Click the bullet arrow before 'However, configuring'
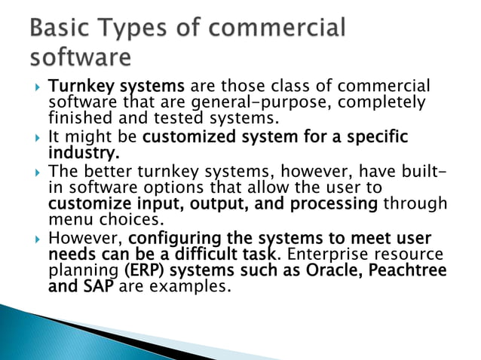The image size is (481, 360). click(x=30, y=240)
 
